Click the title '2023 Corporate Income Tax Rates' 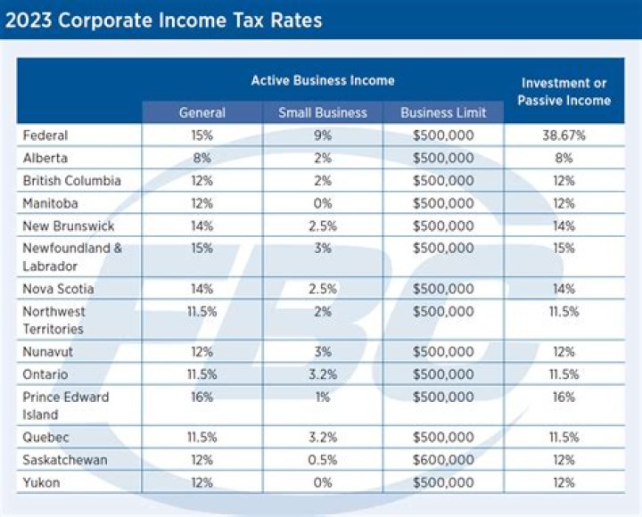[x=163, y=19]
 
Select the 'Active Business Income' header [x=322, y=80]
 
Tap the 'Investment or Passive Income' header [x=564, y=91]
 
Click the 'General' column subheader [x=202, y=112]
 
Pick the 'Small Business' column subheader [x=322, y=112]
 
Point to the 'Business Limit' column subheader [x=443, y=112]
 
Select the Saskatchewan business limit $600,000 [x=443, y=460]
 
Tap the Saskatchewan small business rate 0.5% [x=322, y=460]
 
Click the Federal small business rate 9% [x=322, y=135]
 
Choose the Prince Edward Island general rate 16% [x=202, y=398]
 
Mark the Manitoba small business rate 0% [x=322, y=203]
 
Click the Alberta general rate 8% [x=202, y=158]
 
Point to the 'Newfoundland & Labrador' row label [x=72, y=257]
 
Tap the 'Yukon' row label [x=41, y=482]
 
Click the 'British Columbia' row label [x=71, y=181]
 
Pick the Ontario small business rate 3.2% [x=322, y=374]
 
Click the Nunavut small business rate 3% [x=322, y=352]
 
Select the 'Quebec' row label [x=45, y=438]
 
